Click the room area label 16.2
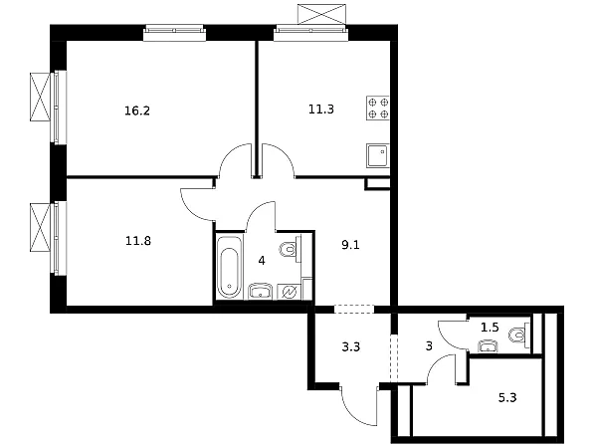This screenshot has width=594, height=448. click(137, 112)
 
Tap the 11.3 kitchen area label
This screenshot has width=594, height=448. click(320, 110)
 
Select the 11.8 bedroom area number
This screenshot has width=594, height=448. click(138, 241)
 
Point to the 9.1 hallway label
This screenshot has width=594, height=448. click(350, 245)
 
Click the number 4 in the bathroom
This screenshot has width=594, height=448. click(262, 261)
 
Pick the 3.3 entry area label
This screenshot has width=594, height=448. click(351, 346)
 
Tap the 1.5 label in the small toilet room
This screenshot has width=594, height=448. click(490, 328)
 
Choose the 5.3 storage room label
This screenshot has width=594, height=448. click(507, 398)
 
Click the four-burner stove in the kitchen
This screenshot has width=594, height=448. click(378, 109)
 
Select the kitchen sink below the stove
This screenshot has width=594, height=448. click(378, 155)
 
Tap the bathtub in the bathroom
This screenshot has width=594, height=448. click(229, 267)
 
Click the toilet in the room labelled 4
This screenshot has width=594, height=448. click(290, 249)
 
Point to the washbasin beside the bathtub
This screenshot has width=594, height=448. click(261, 291)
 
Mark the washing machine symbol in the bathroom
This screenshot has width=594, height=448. click(290, 292)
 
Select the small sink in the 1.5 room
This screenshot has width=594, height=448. click(489, 345)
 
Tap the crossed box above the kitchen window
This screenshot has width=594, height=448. click(321, 14)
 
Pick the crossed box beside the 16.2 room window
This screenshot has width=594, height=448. click(40, 97)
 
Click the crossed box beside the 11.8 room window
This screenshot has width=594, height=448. click(40, 227)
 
